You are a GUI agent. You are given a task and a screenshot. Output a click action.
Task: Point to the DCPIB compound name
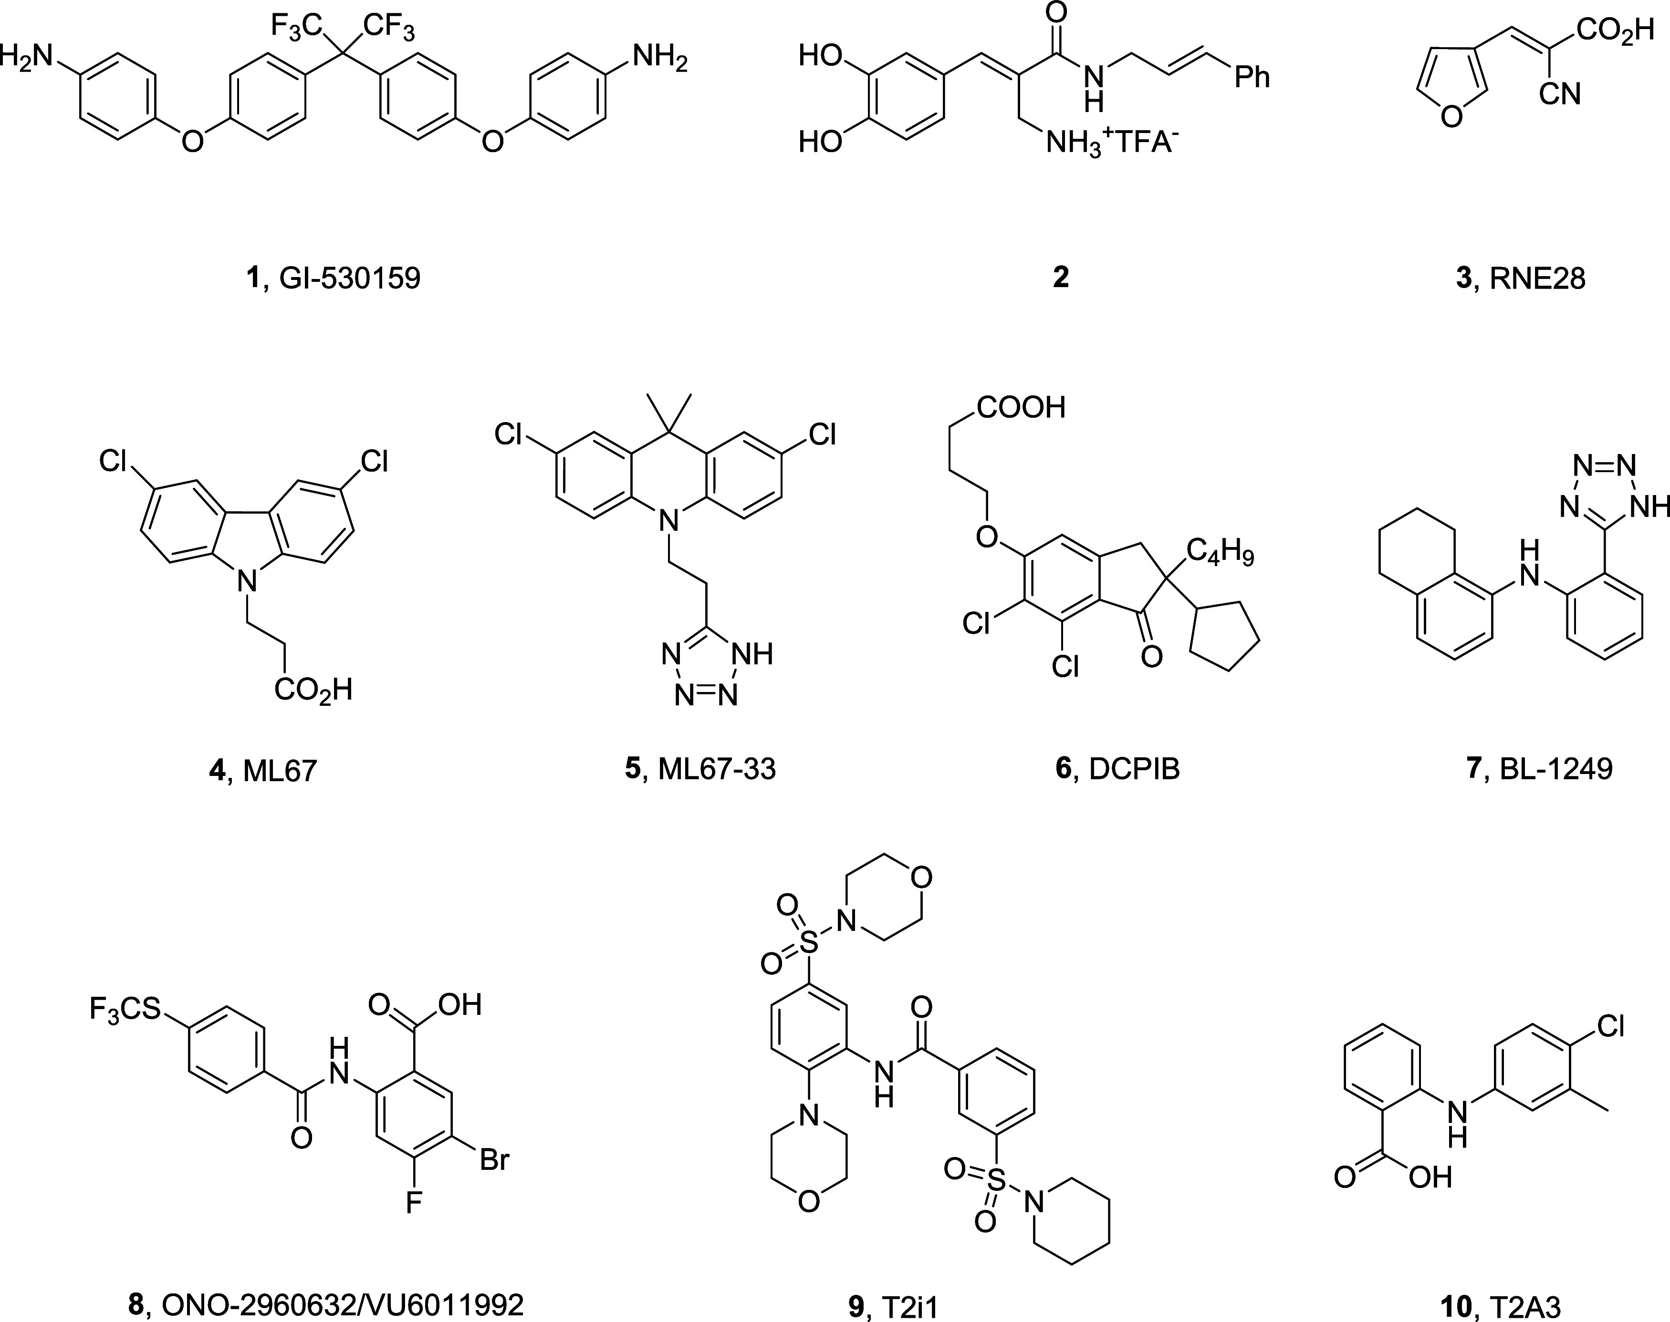1134,769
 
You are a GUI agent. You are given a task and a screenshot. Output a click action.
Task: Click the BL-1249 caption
1556,769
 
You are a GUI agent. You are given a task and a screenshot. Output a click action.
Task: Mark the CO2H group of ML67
313,689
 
